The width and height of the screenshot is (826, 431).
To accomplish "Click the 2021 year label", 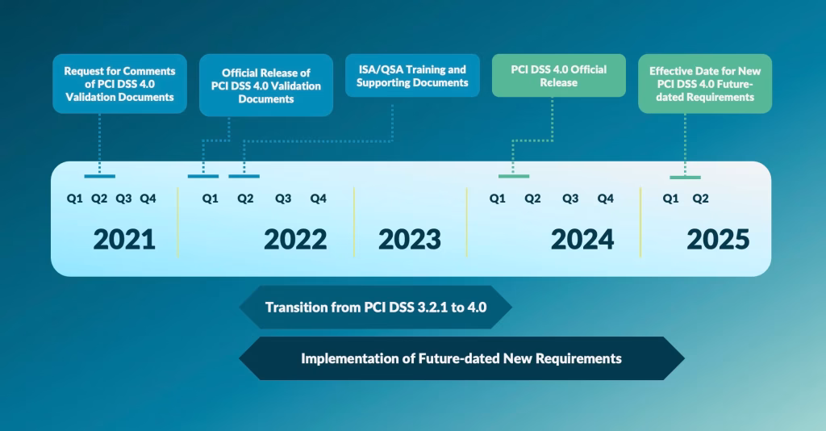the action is (124, 240).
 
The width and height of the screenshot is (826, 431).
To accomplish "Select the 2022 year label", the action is (295, 240).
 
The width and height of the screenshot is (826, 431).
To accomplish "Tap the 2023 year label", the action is (410, 240).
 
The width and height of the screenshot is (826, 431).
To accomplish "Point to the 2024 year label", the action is (582, 240).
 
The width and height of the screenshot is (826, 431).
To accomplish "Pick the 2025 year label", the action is (718, 240).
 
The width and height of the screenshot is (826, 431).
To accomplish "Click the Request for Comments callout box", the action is (119, 84).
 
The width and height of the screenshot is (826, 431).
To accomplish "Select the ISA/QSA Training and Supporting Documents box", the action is (412, 75).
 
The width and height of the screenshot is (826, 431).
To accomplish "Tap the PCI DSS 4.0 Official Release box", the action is (559, 75).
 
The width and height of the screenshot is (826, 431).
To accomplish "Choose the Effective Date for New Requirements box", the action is (705, 84).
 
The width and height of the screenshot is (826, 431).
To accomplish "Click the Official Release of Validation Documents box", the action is (266, 86).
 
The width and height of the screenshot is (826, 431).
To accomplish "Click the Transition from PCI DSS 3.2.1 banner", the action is (376, 308).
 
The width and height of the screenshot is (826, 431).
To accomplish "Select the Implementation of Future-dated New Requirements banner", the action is (461, 358).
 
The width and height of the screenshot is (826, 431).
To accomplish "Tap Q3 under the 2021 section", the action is (123, 199).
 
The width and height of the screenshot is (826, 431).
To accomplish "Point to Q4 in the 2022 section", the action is (318, 199).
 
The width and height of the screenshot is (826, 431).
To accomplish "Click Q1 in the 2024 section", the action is (497, 199).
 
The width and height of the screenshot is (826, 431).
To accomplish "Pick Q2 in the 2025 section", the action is (701, 199).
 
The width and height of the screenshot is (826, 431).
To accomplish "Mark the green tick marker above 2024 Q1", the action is (514, 176).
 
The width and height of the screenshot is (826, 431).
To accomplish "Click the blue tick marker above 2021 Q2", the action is (99, 176).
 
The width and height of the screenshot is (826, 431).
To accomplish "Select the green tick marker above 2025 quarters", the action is (685, 178).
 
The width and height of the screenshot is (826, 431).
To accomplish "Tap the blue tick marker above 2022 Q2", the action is (244, 176).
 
